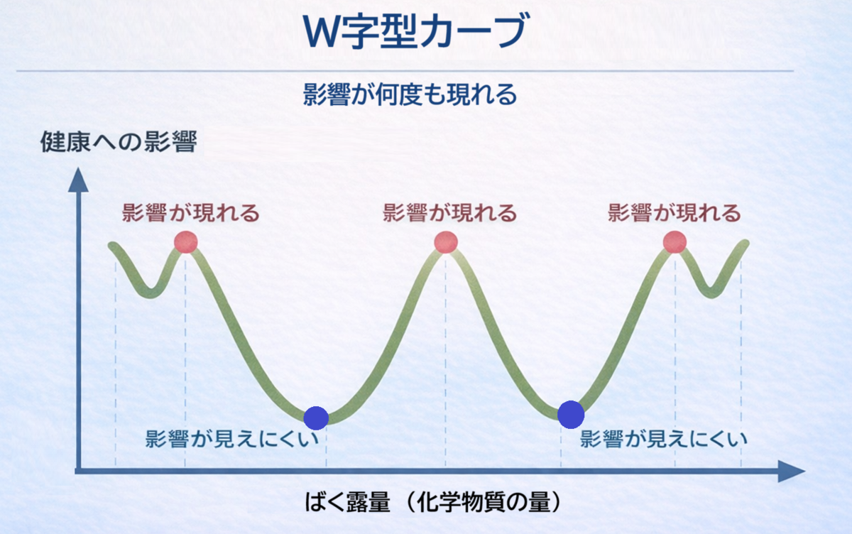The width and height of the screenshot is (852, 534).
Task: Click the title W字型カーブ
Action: click(416, 31)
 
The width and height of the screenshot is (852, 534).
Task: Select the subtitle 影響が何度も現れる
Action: click(410, 94)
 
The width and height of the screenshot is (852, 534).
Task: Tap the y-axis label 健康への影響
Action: click(119, 141)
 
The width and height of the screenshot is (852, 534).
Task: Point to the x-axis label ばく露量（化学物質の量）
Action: click(433, 502)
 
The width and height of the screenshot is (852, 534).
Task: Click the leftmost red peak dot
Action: click(185, 242)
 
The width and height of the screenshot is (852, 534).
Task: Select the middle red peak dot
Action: click(446, 242)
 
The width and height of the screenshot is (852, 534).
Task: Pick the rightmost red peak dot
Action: click(674, 242)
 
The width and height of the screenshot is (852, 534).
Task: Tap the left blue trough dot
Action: click(316, 418)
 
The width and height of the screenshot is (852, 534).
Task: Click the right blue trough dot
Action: click(571, 415)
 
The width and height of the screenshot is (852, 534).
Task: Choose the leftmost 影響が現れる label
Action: click(190, 212)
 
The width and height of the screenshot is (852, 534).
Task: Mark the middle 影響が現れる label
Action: click(449, 212)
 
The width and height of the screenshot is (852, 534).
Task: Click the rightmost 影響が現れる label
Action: click(674, 212)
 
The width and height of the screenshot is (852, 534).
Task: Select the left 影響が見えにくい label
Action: click(232, 439)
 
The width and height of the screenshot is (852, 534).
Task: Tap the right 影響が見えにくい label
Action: click(664, 439)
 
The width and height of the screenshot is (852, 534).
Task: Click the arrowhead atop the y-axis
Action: click(78, 180)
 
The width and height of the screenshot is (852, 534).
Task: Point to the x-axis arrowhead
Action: click(792, 472)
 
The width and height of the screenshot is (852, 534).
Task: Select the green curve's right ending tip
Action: click(745, 243)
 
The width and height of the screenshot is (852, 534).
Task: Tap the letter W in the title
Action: click(323, 32)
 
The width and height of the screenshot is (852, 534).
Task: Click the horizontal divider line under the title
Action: click(405, 71)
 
